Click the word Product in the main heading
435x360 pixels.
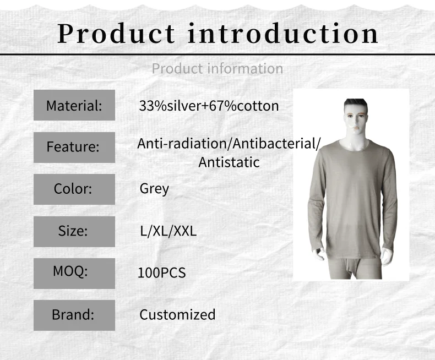click(x=116, y=34)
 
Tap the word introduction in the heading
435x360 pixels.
click(x=283, y=33)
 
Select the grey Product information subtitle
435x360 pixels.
click(x=218, y=68)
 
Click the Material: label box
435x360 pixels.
click(x=74, y=105)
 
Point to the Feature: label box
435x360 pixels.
click(x=74, y=148)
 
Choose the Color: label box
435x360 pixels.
click(x=74, y=189)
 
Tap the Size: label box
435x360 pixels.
click(x=74, y=232)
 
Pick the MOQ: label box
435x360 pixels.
click(x=74, y=274)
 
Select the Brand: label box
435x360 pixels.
click(x=74, y=315)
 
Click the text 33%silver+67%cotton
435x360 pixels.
click(x=209, y=106)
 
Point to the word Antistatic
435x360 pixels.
click(x=229, y=162)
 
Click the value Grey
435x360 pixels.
click(x=154, y=189)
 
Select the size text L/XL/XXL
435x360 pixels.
click(x=168, y=231)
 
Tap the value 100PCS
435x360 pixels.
click(x=162, y=273)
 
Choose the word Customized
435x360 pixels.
click(x=177, y=315)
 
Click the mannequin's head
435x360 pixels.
click(x=356, y=117)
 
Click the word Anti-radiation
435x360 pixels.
click(x=182, y=144)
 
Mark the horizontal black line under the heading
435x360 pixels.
click(x=218, y=54)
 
